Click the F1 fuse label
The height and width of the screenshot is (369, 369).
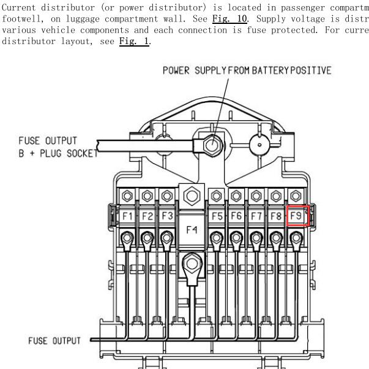coord(127,216)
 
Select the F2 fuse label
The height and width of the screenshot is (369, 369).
coord(147,216)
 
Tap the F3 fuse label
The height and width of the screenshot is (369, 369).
coord(167,216)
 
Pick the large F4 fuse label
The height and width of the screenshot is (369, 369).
coord(192,230)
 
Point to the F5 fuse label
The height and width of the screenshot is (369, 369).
coord(217,216)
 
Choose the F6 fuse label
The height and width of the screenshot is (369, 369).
coord(236,216)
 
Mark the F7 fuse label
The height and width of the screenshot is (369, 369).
coord(256,216)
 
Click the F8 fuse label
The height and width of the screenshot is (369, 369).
coord(276,216)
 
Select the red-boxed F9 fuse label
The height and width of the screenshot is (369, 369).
coord(296,216)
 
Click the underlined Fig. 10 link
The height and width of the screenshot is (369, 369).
coord(229,18)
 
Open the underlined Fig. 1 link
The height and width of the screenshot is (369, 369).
coord(134,41)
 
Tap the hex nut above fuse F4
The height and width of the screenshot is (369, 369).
coord(192,196)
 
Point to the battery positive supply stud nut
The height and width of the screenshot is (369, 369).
coord(212,145)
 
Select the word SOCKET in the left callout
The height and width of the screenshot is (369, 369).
coord(83,153)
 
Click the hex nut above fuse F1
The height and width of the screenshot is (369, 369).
coord(127,196)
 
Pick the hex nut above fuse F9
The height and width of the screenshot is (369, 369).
coord(296,196)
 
